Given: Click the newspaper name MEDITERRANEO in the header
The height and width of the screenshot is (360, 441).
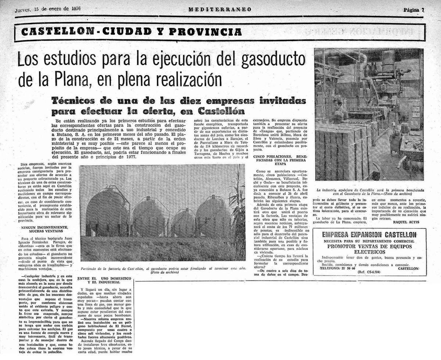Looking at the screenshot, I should (220, 10).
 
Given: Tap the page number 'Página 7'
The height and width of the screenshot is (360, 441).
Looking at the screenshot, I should (413, 10).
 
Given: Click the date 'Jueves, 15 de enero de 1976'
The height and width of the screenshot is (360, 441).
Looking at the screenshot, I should (48, 8).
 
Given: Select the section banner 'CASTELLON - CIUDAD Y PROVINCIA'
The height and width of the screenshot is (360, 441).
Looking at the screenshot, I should (131, 32).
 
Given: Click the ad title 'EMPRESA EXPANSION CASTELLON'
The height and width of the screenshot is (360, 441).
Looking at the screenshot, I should (369, 235).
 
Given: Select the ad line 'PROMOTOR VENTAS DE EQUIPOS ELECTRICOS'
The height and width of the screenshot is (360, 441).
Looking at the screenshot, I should (369, 249).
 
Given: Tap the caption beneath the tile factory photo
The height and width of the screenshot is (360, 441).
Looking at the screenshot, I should (369, 191).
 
